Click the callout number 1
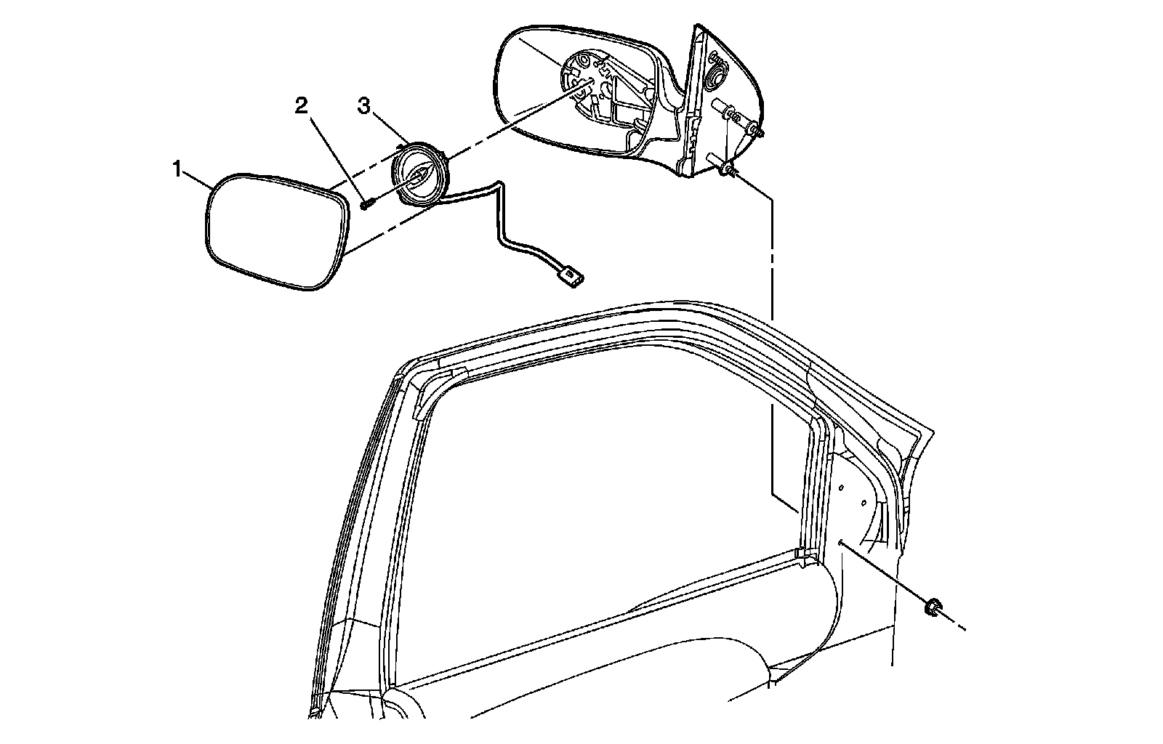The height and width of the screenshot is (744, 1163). [177, 170]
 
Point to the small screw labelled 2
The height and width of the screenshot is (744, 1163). [366, 204]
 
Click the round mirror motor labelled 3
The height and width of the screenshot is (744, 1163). [420, 177]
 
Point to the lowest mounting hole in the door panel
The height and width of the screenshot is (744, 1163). [840, 541]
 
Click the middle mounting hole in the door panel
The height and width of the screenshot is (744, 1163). [863, 501]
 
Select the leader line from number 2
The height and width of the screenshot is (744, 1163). [332, 155]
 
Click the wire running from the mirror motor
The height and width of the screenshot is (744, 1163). [502, 218]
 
